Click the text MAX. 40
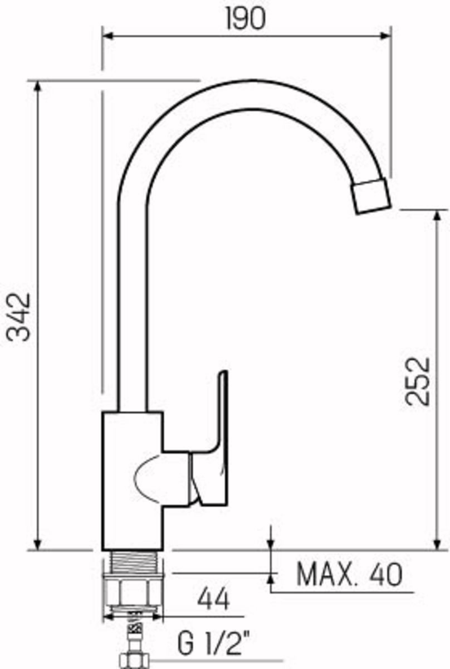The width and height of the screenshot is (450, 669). (x=349, y=575)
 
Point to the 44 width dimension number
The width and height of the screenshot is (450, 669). (x=213, y=601)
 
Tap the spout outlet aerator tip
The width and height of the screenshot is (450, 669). (x=371, y=196)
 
